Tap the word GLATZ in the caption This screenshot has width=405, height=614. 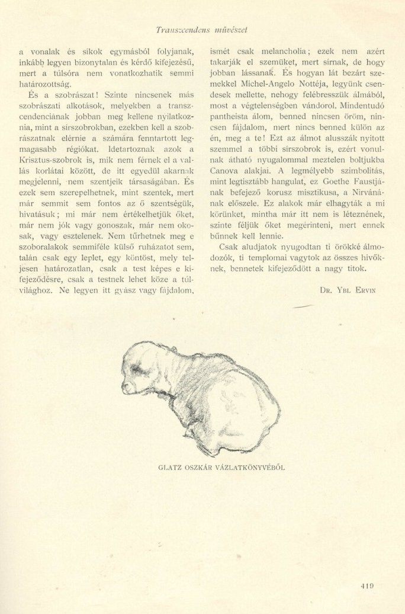pos(169,467)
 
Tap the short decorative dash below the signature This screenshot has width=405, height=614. pos(303,306)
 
